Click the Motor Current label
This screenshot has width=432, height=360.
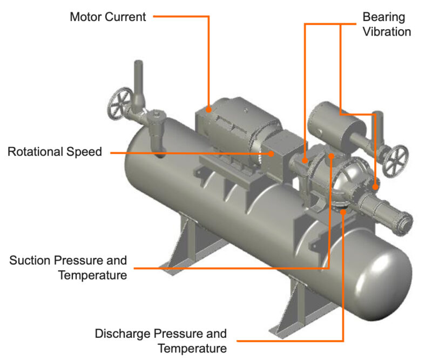[107, 17]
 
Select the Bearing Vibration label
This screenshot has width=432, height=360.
[386, 24]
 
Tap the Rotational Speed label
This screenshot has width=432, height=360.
[55, 152]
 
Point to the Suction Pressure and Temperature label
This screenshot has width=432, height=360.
[68, 268]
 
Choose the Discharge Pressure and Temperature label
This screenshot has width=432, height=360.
[160, 341]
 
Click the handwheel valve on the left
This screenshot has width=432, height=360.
[119, 103]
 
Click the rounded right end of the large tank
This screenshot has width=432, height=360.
[389, 275]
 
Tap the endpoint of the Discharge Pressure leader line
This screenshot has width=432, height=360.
[343, 212]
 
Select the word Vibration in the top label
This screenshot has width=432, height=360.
[386, 31]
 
